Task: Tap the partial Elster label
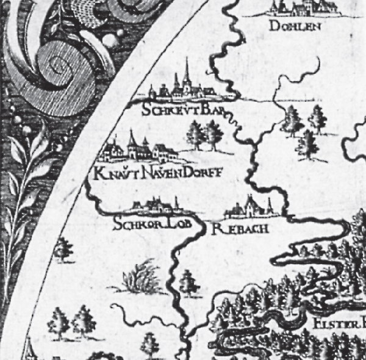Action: (339, 324)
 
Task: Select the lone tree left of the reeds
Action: (62, 248)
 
